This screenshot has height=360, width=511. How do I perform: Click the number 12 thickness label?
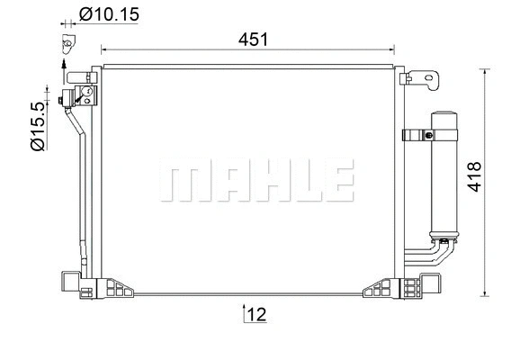tap(257, 314)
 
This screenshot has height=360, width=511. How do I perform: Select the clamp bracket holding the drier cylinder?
tap(417, 136)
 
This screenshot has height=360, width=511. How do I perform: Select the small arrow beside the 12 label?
tap(244, 312)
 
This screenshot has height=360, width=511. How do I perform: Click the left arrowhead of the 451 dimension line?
tap(104, 50)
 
